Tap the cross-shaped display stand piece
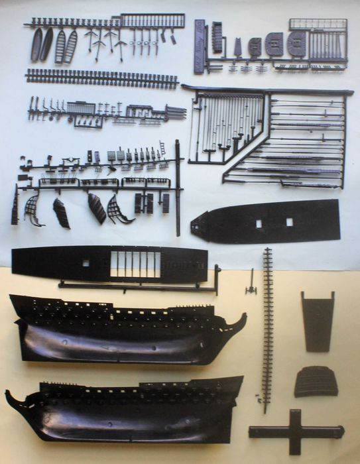tap(295, 432)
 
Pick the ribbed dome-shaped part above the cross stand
tap(316, 382)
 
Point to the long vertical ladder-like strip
tap(267, 328)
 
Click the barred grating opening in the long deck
tap(135, 264)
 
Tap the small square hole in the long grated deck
tap(86, 263)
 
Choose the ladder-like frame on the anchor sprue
tap(153, 21)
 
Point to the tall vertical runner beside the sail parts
tap(178, 187)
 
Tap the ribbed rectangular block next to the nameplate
tap(217, 36)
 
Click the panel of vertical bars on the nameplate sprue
tap(326, 44)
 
